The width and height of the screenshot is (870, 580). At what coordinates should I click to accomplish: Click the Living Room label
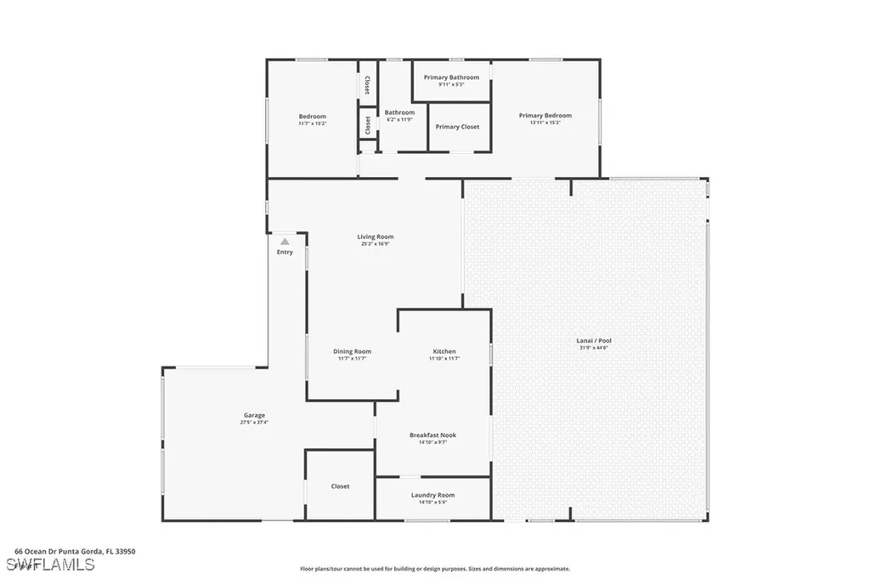tap(375, 237)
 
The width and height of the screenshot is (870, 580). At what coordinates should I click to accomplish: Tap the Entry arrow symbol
tap(285, 242)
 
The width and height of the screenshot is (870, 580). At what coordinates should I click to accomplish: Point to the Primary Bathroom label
tap(451, 77)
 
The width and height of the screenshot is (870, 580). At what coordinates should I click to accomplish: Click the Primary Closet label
tap(457, 127)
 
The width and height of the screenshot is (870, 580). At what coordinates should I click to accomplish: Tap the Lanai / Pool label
tap(594, 341)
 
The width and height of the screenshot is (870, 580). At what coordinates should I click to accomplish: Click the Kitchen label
tap(444, 351)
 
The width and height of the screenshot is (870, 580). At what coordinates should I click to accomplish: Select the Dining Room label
tap(352, 351)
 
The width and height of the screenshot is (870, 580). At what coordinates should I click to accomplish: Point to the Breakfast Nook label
tap(432, 435)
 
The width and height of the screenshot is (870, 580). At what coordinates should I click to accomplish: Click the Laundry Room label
tap(432, 495)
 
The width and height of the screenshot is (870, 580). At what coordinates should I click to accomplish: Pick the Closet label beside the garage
tap(340, 486)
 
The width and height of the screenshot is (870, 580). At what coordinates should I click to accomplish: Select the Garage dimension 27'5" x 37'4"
tap(255, 423)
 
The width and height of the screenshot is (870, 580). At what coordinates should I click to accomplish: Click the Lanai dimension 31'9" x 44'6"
tap(594, 348)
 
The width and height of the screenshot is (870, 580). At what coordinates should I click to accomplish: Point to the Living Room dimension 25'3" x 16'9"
tap(375, 245)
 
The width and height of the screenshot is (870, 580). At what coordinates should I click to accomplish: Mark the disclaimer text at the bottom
tap(435, 569)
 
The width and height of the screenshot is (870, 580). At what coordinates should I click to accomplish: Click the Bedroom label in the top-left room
tap(312, 117)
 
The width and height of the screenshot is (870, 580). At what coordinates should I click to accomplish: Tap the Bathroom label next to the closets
tap(399, 112)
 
